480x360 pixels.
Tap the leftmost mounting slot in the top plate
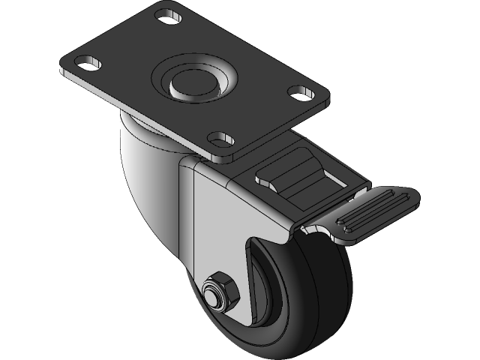[90, 62]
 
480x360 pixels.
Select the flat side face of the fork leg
[221, 225]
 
